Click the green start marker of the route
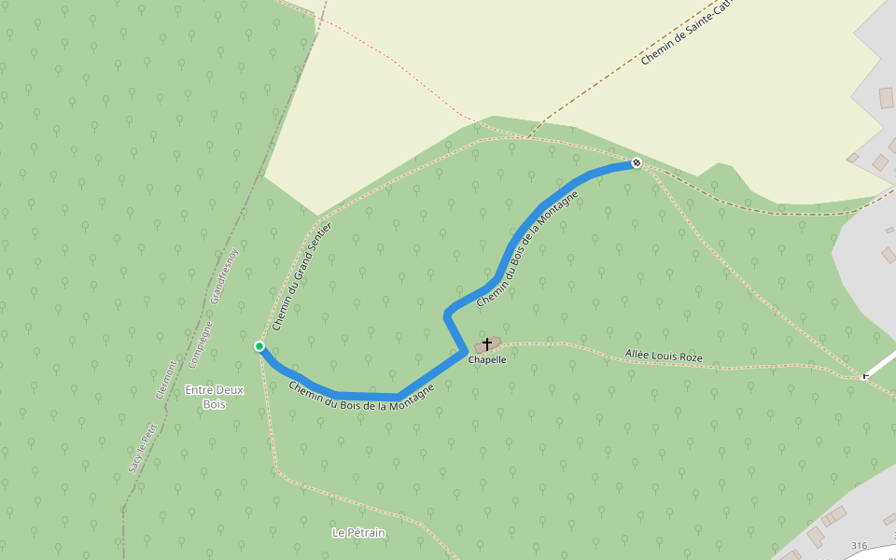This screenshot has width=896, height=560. (x=259, y=346)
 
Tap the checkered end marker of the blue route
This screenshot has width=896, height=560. (x=637, y=163)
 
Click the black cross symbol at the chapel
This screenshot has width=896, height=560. (x=486, y=344)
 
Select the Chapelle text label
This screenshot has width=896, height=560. (x=487, y=359)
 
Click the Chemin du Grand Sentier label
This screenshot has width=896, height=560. (x=302, y=276)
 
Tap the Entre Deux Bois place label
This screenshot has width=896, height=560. (x=215, y=397)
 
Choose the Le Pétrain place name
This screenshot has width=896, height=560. (x=358, y=533)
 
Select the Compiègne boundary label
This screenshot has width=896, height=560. (x=200, y=344)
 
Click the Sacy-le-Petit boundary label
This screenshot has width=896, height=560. (x=141, y=448)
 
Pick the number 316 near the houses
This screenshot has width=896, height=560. (x=860, y=545)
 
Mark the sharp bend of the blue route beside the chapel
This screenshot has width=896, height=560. (x=464, y=351)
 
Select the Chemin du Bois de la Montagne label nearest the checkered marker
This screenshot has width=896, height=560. (x=527, y=249)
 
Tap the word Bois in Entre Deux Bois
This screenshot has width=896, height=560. (x=215, y=404)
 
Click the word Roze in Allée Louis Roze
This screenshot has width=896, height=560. (x=689, y=357)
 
